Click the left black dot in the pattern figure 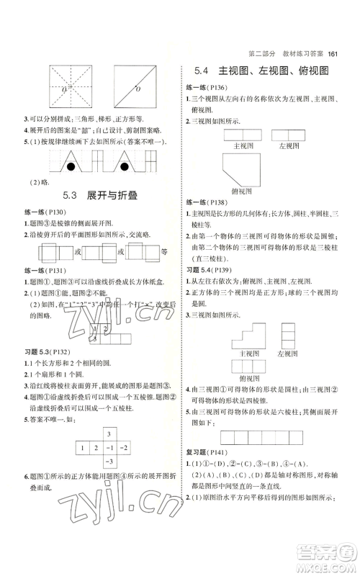71,168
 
